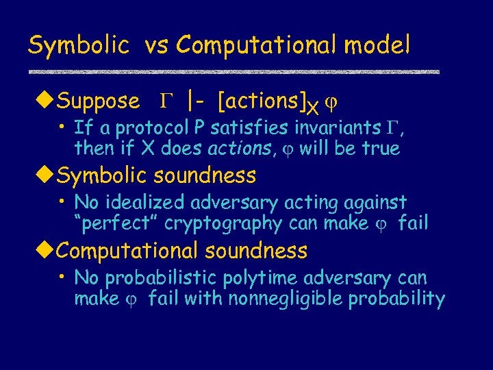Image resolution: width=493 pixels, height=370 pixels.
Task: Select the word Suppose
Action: pos(98,102)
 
